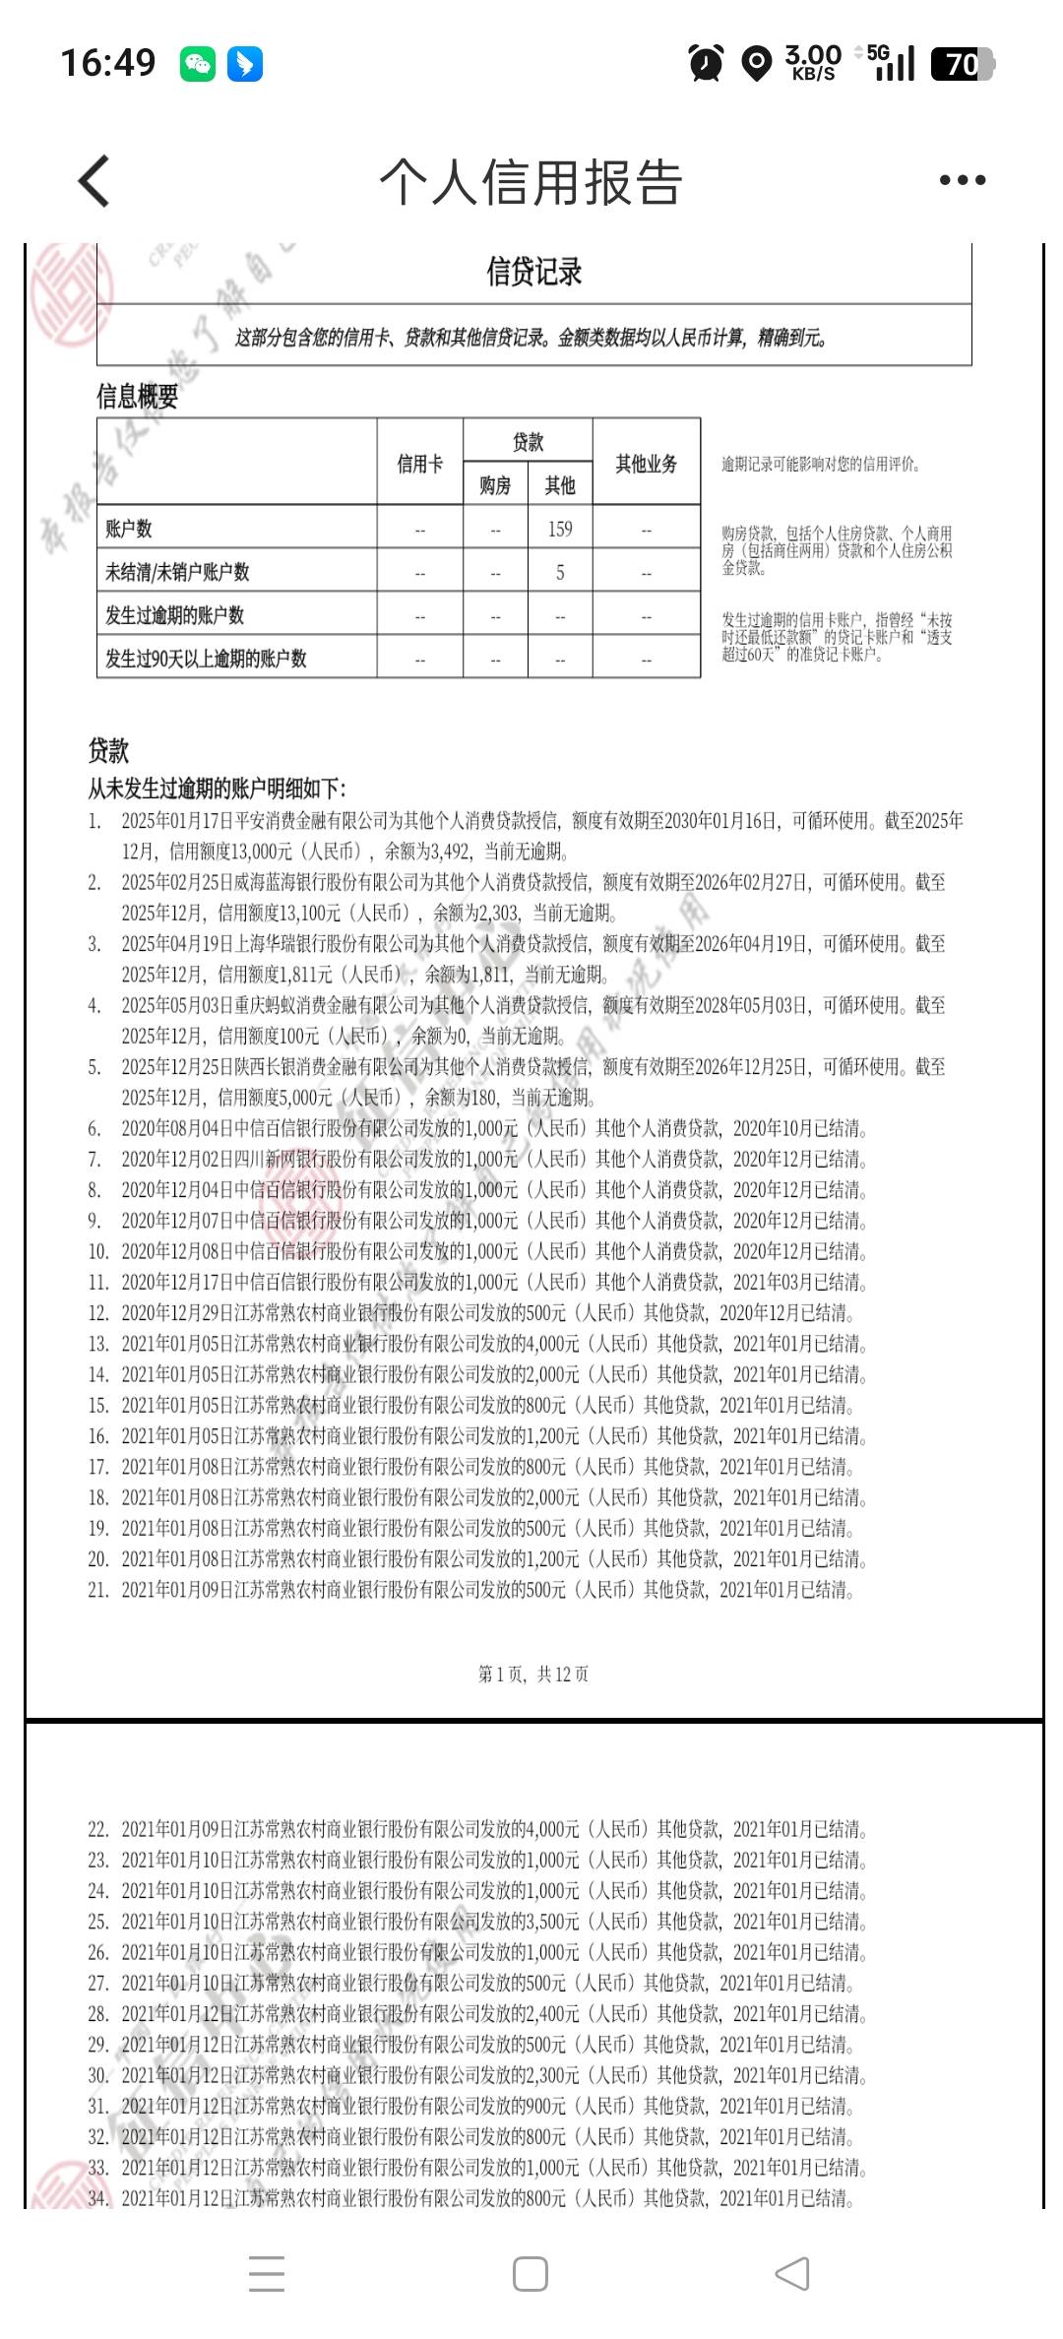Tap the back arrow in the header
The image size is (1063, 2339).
94,181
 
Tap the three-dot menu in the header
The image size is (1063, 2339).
962,180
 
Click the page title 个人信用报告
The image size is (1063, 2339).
531,182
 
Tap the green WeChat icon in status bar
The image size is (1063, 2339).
198,64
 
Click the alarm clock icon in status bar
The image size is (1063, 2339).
706,64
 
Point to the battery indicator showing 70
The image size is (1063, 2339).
962,64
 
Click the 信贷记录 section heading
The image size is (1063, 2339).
533,272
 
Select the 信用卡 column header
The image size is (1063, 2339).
419,464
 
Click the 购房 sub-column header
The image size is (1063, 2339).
495,485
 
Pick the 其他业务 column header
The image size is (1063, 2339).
646,464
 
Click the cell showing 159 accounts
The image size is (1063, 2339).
560,529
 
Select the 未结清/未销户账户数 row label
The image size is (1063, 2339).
177,572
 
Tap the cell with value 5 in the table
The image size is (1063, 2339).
560,572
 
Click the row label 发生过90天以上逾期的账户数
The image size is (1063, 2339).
206,659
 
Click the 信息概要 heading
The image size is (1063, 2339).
137,397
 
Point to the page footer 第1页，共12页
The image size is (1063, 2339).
533,1674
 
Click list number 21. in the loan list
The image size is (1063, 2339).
97,1590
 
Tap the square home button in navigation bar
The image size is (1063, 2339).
531,2273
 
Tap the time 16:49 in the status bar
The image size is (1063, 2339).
108,64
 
